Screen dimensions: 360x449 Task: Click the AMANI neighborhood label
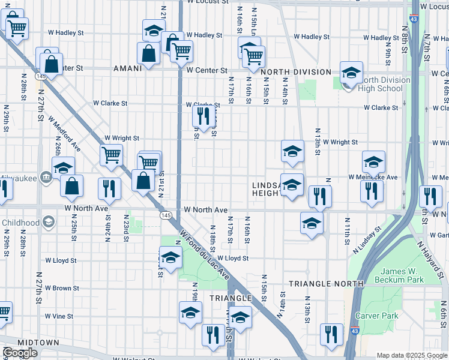tap(127, 68)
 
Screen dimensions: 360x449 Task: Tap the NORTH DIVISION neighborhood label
tap(296, 72)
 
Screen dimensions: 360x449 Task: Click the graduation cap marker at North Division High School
tap(351, 74)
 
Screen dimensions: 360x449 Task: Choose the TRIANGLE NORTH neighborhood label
tap(326, 283)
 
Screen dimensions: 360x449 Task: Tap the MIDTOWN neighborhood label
tap(38, 343)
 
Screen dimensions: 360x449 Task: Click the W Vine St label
tap(59, 316)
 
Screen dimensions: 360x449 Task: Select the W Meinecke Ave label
tap(373, 177)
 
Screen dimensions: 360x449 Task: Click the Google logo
tap(20, 353)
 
